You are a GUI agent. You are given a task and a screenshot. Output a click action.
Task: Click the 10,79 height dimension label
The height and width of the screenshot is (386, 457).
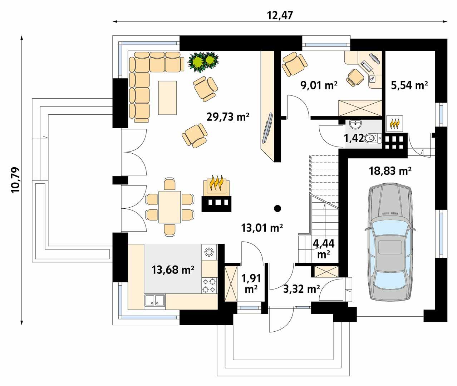coord(16,180)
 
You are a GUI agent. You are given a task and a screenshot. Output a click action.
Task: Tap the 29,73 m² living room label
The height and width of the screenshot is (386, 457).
coord(228,117)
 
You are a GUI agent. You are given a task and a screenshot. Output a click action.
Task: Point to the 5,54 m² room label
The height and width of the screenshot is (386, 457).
coord(409,85)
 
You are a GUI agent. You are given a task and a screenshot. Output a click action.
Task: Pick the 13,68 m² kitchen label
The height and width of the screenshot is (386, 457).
coord(173,269)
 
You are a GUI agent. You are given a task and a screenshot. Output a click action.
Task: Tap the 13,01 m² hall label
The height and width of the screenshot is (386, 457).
coord(262,227)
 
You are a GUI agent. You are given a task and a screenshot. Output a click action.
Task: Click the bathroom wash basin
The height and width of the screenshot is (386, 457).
coord(355,125)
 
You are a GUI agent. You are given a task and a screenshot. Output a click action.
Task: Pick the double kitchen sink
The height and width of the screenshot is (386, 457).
coord(154,301)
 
